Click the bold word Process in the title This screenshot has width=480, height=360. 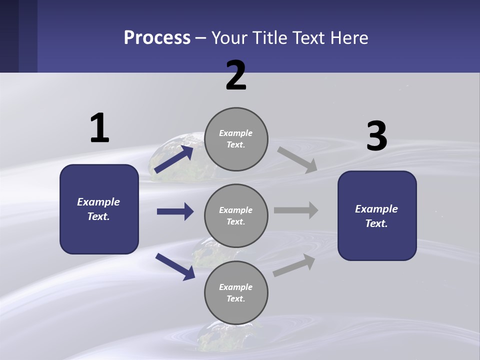157,38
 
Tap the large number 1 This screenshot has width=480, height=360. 99,128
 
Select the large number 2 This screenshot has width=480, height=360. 236,75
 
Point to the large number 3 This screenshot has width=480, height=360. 376,136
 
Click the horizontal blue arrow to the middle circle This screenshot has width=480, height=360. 175,211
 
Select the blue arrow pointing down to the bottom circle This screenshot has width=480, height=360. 175,266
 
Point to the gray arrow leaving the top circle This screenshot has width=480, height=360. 297,159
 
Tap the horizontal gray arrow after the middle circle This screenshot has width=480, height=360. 296,210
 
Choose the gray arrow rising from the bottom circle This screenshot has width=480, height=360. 294,265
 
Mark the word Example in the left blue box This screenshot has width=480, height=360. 98,202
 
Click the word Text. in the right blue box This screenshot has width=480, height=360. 376,223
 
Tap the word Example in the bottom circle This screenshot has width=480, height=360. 236,287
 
